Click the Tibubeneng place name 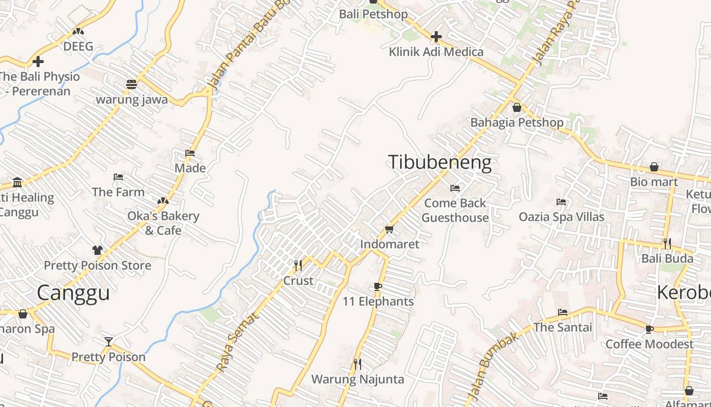[440, 162]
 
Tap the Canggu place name [73, 293]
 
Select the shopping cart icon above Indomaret [390, 229]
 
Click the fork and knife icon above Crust [298, 265]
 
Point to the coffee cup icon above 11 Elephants [377, 286]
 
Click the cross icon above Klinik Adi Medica [436, 37]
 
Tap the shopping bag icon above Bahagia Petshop [516, 107]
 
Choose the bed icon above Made [190, 153]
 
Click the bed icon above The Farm [118, 177]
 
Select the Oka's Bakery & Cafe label [163, 223]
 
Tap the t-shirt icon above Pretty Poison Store [98, 250]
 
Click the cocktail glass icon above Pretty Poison [108, 341]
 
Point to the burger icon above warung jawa [132, 84]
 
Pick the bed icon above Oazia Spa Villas [561, 202]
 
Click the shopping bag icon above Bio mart [654, 167]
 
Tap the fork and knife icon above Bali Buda [667, 243]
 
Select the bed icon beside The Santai [562, 312]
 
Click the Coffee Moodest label [649, 344]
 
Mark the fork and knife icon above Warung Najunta [358, 364]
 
